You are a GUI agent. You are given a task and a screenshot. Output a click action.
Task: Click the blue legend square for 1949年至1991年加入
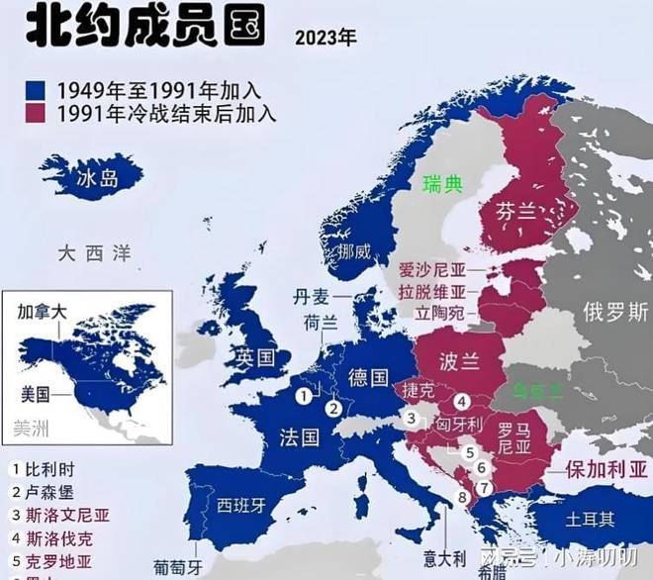(38, 91)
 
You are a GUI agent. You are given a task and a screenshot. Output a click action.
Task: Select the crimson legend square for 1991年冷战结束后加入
(38, 113)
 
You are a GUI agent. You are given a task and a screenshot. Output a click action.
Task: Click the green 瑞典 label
(442, 184)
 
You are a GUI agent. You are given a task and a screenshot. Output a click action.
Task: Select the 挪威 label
(353, 251)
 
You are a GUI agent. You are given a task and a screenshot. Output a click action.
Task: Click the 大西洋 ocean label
(93, 253)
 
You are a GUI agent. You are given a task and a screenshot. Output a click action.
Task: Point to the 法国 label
(299, 436)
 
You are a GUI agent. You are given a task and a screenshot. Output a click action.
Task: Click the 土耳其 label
(590, 519)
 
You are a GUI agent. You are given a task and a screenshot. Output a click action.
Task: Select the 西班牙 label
(241, 505)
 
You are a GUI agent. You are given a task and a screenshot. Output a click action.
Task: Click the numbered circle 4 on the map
(461, 402)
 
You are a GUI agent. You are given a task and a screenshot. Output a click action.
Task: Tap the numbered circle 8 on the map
(461, 497)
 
